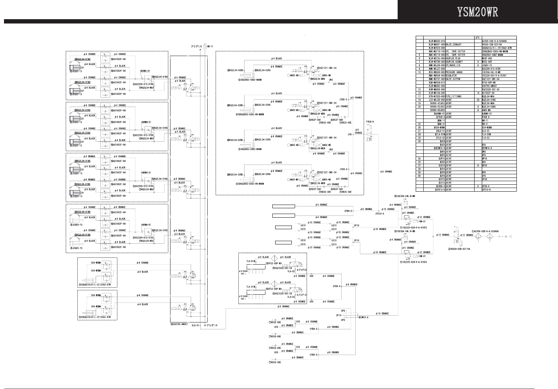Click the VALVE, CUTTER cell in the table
pos(455,79)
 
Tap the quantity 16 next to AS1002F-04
pos(478,93)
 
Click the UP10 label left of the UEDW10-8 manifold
pos(339,315)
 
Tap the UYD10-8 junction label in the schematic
pos(380,213)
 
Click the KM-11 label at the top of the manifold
pos(211,47)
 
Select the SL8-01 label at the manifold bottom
pos(195,325)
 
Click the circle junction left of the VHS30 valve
pos(432,235)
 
